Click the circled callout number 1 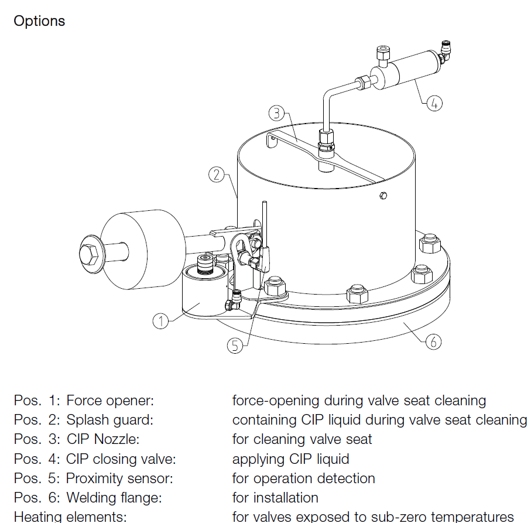[160, 320]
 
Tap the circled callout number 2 [217, 175]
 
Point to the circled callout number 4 [434, 103]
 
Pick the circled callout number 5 [235, 346]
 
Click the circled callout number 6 [433, 341]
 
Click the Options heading [39, 21]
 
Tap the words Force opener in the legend [109, 401]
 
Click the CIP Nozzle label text [103, 439]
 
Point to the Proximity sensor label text [119, 478]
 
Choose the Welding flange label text [114, 498]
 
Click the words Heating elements [70, 517]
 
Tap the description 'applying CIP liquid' [291, 459]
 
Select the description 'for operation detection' [303, 478]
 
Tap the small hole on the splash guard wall [382, 195]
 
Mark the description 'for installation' [275, 498]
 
